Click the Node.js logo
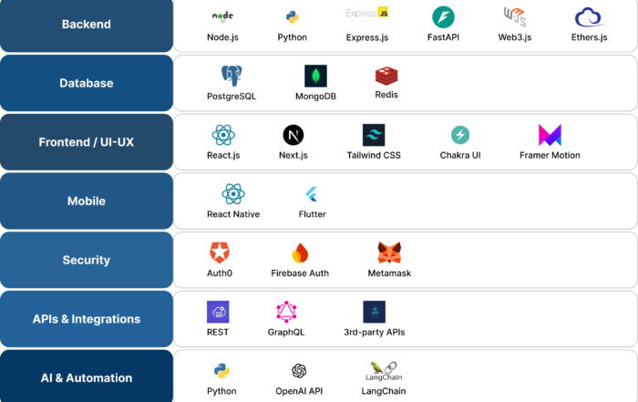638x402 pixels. click(x=222, y=16)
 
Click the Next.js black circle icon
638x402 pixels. click(x=293, y=135)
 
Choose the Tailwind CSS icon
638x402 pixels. click(x=374, y=135)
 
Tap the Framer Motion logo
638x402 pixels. click(x=550, y=135)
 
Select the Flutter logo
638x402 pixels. click(x=313, y=194)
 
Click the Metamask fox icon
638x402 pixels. click(x=389, y=253)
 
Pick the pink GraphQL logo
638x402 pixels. click(x=287, y=312)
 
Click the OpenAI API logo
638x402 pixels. click(x=299, y=371)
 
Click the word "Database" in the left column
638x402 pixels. click(x=87, y=83)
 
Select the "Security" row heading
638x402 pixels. click(x=87, y=260)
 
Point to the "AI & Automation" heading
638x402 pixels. click(x=87, y=377)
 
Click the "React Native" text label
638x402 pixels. click(x=233, y=214)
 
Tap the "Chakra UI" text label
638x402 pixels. click(x=460, y=155)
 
